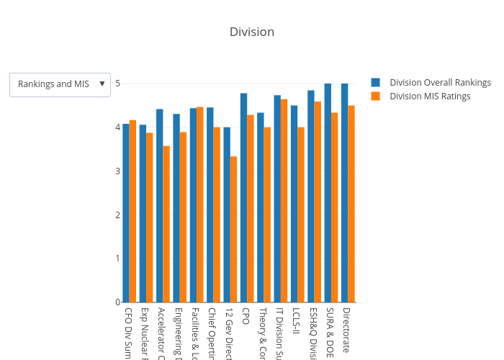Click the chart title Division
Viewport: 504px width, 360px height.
point(252,32)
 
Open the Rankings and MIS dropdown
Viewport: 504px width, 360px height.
point(60,84)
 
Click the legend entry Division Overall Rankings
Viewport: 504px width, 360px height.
point(440,82)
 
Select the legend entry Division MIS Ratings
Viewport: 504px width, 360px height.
point(430,96)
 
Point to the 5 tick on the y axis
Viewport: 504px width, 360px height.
point(117,84)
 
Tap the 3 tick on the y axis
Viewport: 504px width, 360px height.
point(117,171)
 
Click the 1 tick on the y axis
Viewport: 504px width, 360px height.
point(117,258)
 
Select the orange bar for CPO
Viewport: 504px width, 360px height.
point(251,209)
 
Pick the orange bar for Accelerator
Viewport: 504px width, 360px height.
point(166,224)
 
